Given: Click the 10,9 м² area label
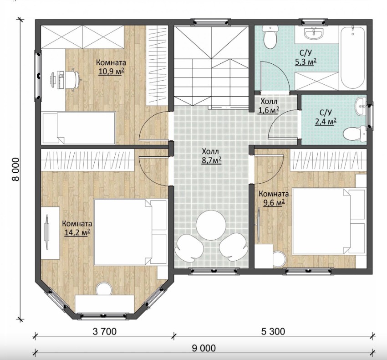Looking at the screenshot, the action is coord(111,72).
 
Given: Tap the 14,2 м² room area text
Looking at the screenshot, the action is coord(77,232).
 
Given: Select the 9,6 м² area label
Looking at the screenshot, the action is coord(274,203).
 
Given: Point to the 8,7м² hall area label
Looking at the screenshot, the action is coord(212,160).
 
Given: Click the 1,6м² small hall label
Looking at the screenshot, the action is coord(269,110).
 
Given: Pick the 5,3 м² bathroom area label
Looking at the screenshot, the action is coord(306,62).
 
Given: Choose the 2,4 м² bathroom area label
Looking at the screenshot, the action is coord(326,122).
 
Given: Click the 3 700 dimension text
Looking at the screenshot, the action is coord(105,331).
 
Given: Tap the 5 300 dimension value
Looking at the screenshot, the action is coord(273,331).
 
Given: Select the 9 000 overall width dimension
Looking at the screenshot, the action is coord(204,348).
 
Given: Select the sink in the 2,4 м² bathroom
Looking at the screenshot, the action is coord(361,106).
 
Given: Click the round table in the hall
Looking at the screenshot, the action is coord(211,225).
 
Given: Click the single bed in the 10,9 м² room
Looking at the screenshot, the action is coord(79,128).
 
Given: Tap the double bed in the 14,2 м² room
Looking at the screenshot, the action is coord(130,232).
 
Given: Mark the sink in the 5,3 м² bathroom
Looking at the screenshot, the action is coord(314,33).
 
